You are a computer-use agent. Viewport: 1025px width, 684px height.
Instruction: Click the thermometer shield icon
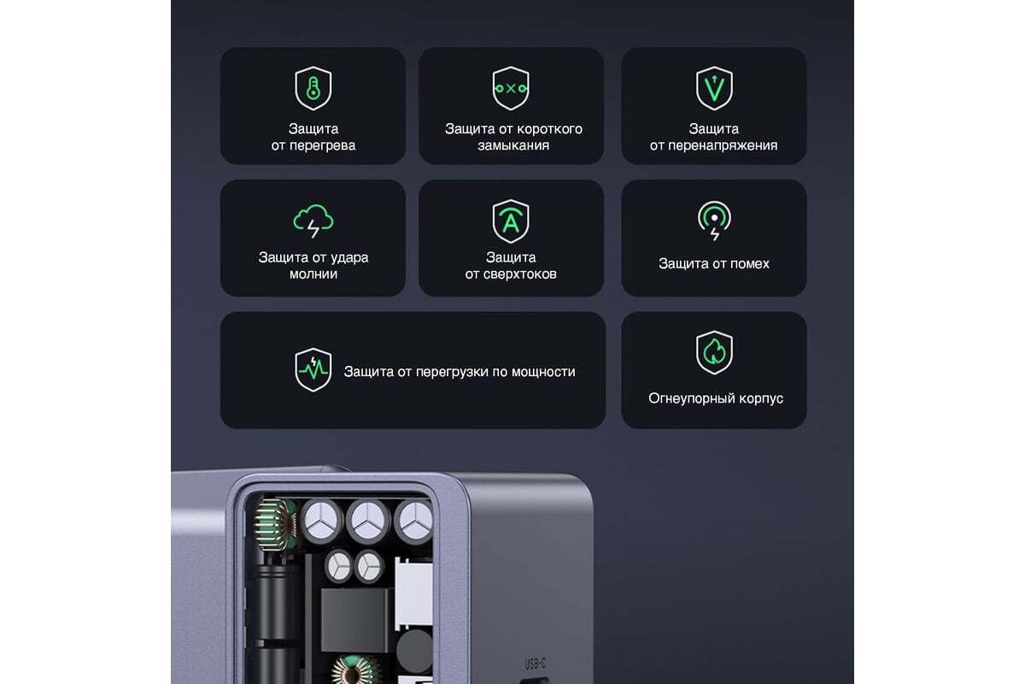coord(313,88)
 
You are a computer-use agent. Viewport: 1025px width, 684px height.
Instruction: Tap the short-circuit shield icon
coord(511,88)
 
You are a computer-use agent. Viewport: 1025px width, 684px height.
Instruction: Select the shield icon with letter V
coord(714,88)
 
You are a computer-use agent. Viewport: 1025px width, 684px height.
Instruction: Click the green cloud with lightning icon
coord(313,221)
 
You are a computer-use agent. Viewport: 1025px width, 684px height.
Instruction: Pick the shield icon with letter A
coord(511,221)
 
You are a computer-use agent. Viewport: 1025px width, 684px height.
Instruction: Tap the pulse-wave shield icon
coord(313,370)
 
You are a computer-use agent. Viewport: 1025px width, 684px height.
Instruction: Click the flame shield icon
coord(714,353)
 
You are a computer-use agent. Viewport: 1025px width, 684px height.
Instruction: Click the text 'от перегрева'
coord(313,145)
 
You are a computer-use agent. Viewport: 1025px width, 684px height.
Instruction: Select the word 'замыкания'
coord(513,145)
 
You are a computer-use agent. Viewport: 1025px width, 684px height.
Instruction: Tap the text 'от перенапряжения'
coord(713,145)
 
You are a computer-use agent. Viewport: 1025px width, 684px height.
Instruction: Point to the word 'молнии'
coord(313,274)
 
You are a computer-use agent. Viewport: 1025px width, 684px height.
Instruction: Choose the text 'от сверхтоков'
coord(511,274)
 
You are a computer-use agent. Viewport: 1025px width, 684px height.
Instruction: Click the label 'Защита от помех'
coord(714,264)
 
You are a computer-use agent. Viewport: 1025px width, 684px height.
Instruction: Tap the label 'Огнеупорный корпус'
coord(716,398)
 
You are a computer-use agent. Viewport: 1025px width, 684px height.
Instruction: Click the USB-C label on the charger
coord(535,663)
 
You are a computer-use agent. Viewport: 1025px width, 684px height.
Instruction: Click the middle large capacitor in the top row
coord(368,521)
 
